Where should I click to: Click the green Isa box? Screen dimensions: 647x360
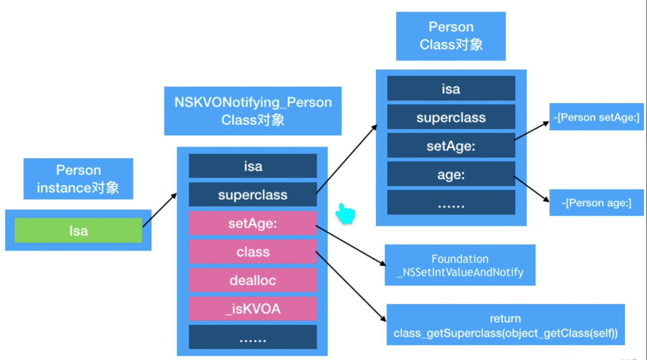tap(78, 230)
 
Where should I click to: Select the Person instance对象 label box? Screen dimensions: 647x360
tap(78, 178)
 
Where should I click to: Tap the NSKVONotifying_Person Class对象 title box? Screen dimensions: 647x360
tap(253, 111)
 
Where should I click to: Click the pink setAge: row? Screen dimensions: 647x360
tap(253, 223)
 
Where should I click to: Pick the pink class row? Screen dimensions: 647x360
tap(253, 251)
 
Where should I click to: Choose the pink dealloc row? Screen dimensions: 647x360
tap(253, 280)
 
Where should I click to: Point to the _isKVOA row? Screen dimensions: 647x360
tap(253, 309)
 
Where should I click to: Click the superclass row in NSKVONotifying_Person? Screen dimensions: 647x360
tap(253, 195)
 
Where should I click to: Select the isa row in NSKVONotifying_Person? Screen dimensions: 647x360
tap(253, 166)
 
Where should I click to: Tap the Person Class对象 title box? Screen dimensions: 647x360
tap(451, 36)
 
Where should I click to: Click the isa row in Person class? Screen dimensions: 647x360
tap(451, 89)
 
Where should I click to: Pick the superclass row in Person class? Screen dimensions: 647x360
tap(451, 117)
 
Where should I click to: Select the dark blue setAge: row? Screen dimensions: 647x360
tap(451, 145)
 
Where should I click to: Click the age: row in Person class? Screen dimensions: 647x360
tap(451, 174)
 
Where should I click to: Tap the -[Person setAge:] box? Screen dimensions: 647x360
tap(597, 117)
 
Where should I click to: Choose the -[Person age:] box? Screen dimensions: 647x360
tap(597, 203)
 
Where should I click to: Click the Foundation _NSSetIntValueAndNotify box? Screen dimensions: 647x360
tap(460, 265)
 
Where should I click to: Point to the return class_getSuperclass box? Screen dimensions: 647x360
tap(505, 324)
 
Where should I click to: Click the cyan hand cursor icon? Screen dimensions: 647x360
tap(346, 214)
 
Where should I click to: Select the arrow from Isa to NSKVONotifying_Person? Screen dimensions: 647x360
tap(160, 210)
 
